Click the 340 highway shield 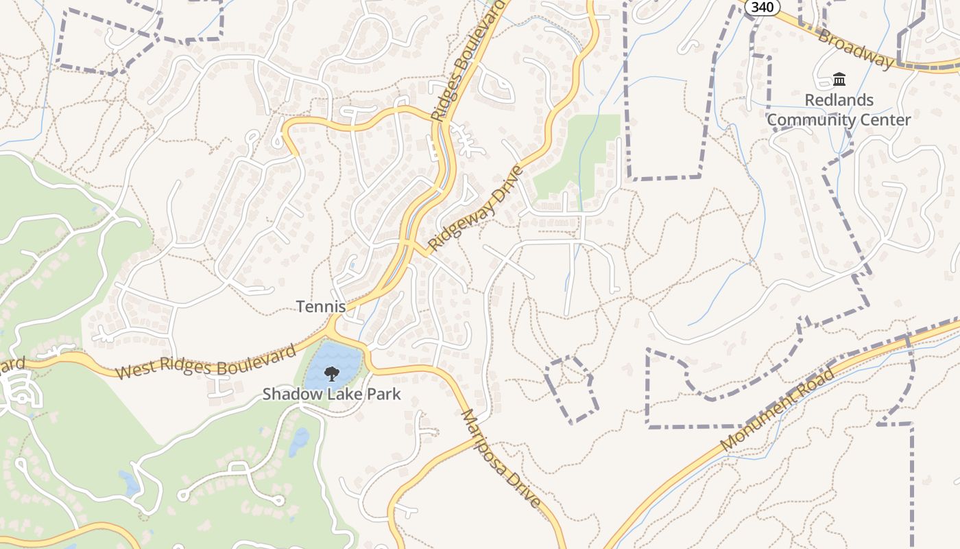[x=761, y=6]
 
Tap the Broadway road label [x=856, y=47]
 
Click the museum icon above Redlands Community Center [x=839, y=80]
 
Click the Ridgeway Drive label [x=475, y=208]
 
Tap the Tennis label [x=321, y=307]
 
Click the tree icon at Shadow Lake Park [x=332, y=374]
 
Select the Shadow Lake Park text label [x=332, y=395]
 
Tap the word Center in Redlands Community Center [x=889, y=120]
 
